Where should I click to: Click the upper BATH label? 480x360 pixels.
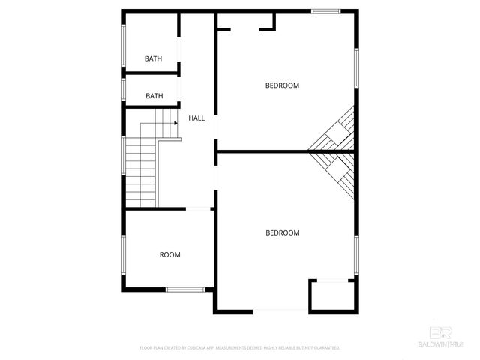[x=153, y=58]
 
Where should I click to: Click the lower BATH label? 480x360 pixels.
[x=154, y=96]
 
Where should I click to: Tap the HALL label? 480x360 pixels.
[x=196, y=118]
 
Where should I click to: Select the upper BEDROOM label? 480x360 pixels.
[x=282, y=85]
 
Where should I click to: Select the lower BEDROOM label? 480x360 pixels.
[x=283, y=232]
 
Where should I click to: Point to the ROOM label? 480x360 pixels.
[x=170, y=255]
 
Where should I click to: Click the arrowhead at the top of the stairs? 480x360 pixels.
[x=175, y=122]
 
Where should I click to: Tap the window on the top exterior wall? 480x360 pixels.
[x=325, y=10]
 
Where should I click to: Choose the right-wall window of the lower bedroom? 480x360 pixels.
[x=357, y=255]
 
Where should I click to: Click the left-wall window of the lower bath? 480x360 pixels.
[x=124, y=89]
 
